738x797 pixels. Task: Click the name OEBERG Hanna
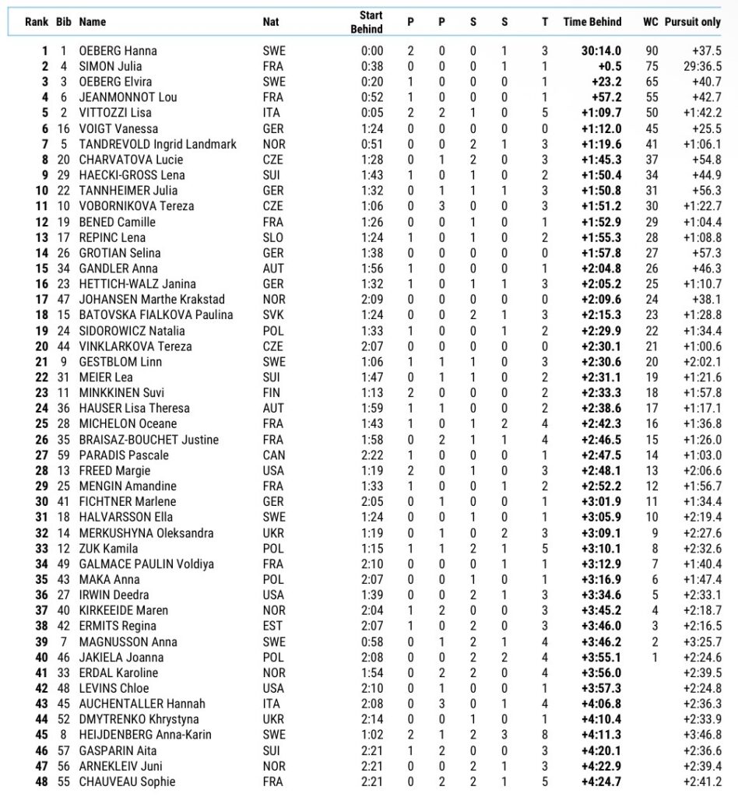[118, 51]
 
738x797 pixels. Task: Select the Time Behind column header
[591, 23]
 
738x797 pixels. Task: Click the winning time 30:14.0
[601, 51]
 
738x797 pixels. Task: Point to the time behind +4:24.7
[601, 782]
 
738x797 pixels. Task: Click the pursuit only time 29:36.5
[702, 67]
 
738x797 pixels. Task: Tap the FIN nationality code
[272, 393]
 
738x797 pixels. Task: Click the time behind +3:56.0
[601, 673]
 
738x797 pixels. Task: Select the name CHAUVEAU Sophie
[127, 782]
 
